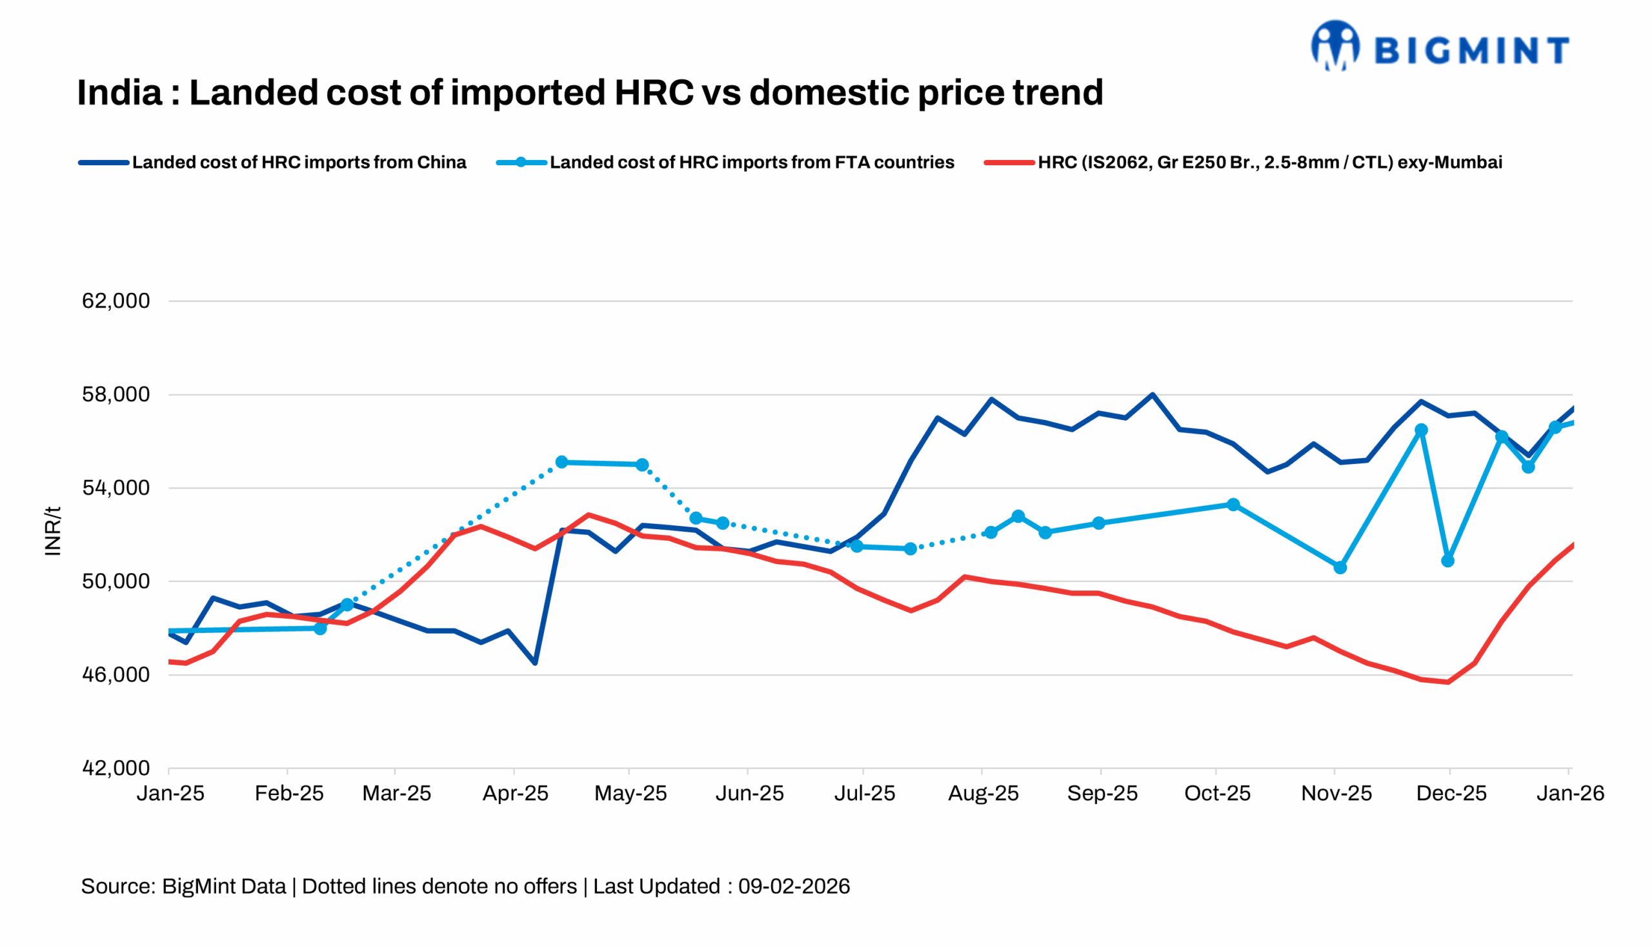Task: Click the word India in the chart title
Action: click(119, 93)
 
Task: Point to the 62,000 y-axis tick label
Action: click(116, 301)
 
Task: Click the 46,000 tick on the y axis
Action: click(116, 675)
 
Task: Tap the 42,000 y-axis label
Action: click(116, 769)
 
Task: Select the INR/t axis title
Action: click(53, 532)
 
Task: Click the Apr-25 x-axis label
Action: click(515, 794)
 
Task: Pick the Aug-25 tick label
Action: click(983, 794)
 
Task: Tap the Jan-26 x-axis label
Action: click(1569, 794)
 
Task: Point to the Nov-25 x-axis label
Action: click(1336, 794)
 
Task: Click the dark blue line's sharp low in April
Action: click(535, 663)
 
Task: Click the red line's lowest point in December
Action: click(1448, 682)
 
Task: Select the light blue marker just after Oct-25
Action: click(1233, 505)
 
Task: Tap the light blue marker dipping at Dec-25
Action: click(1447, 561)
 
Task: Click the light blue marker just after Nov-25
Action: click(1340, 568)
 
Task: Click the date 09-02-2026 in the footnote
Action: click(794, 887)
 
